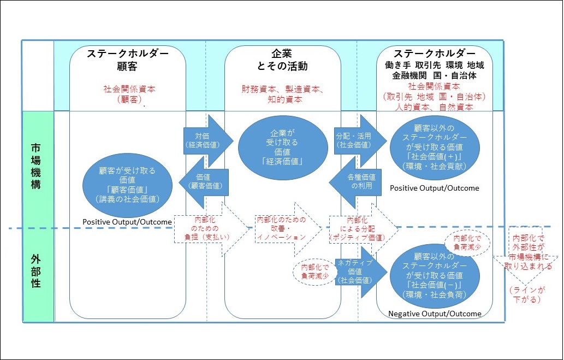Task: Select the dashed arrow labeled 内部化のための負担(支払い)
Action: pos(203,230)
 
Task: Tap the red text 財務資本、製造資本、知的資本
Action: pos(282,94)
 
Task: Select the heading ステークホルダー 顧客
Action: pos(128,60)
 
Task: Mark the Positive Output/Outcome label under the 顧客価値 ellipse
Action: pos(127,222)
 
